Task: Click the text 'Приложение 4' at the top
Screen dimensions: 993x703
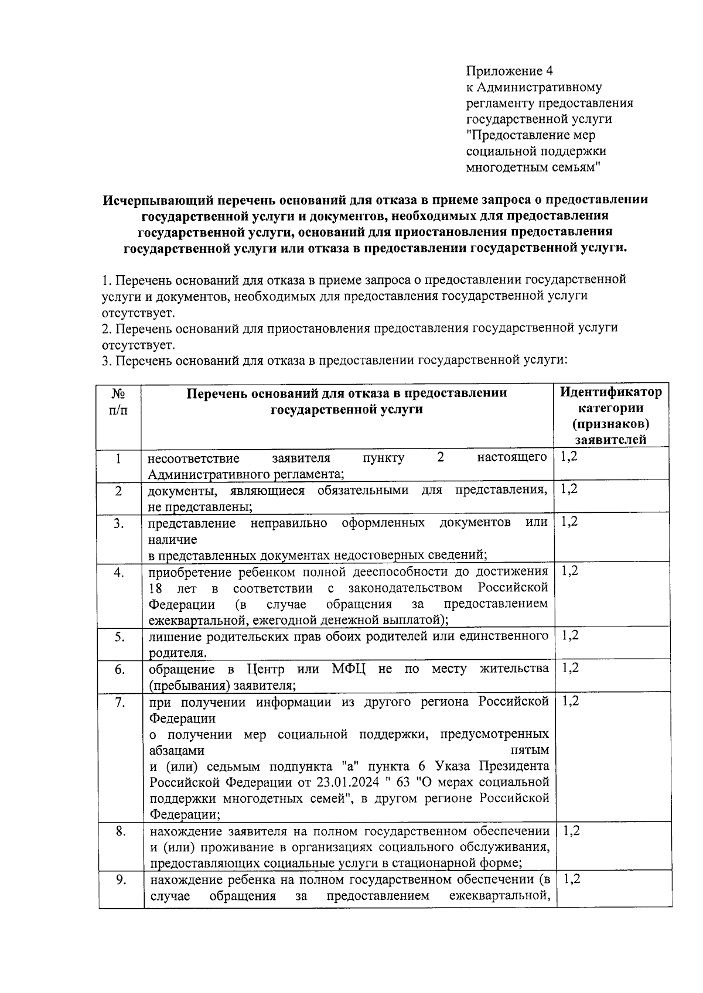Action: (509, 71)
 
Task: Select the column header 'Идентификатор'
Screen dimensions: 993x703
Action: (611, 392)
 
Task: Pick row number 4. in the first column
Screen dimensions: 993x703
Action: (119, 573)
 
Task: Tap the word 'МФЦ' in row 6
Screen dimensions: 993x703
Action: (349, 669)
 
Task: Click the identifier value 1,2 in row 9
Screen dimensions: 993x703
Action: (571, 879)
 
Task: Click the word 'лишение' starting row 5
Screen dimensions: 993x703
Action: (170, 636)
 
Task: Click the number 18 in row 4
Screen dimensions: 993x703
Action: (155, 588)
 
